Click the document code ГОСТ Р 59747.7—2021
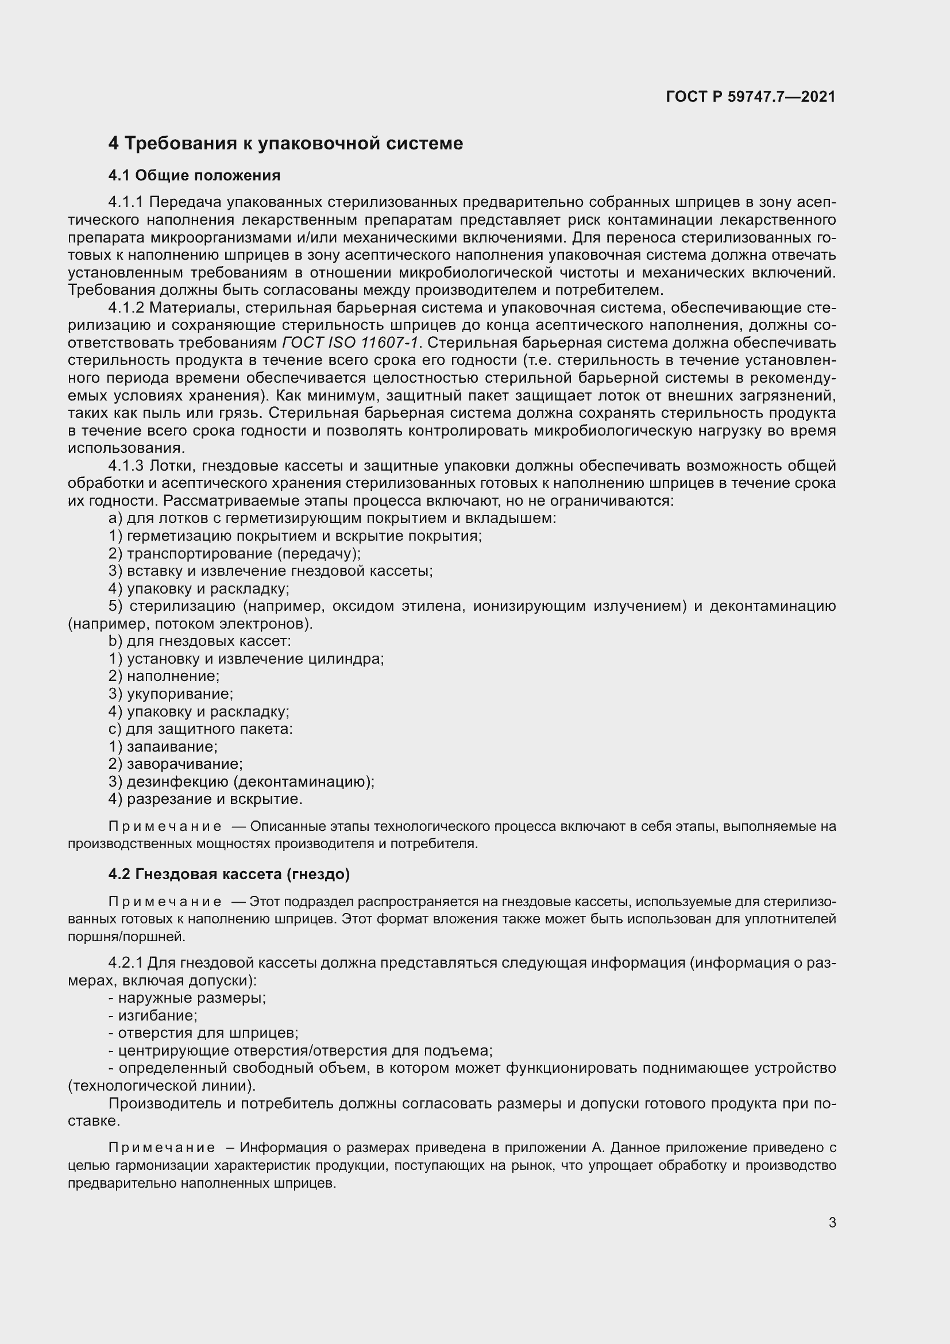click(751, 97)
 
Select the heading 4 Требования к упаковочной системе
click(285, 144)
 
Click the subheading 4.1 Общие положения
click(194, 175)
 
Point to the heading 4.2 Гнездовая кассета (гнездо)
click(229, 874)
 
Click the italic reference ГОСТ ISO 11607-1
click(350, 342)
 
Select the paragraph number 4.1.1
click(126, 202)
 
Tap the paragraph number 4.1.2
click(126, 308)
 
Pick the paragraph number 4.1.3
click(126, 466)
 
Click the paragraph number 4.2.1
click(125, 963)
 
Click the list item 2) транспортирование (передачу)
click(234, 553)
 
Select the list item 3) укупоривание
click(171, 694)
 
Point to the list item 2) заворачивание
click(176, 764)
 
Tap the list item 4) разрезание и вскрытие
click(205, 799)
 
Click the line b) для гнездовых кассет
click(199, 641)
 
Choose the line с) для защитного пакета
click(200, 729)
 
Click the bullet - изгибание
click(153, 1015)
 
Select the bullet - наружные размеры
click(187, 998)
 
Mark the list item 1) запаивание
click(163, 746)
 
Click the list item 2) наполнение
click(164, 676)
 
